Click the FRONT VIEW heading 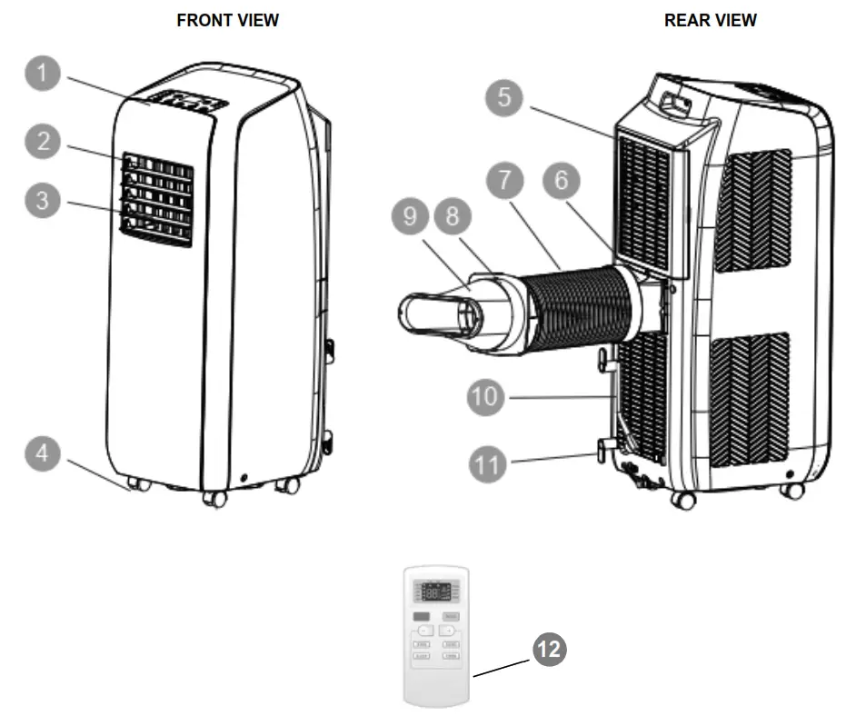coord(227,20)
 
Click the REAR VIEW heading coord(711,20)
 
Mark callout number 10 coord(488,396)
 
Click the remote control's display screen coord(436,591)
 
